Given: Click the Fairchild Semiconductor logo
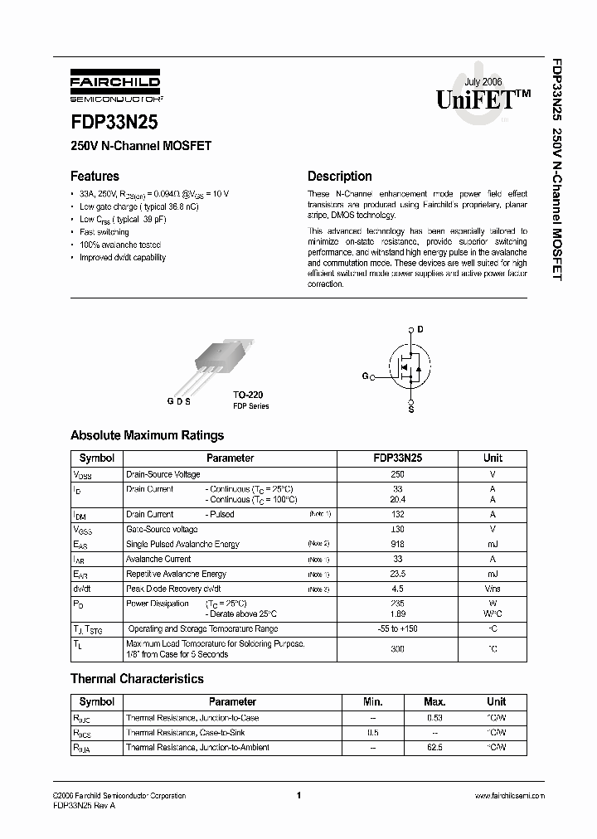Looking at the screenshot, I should coord(115,90).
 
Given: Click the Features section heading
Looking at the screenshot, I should coord(95,176).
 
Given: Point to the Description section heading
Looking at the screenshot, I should coord(339,176).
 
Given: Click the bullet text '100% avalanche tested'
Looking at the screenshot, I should coord(120,245).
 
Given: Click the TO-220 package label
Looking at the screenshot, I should coord(249,396).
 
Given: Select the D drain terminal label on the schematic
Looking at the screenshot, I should coord(420,329).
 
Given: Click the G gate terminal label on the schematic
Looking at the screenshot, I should coord(364,376).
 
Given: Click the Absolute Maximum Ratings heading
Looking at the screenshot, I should coord(147,435).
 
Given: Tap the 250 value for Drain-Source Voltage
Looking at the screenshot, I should coord(397,474).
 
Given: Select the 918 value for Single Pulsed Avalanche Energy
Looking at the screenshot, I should coord(397,544).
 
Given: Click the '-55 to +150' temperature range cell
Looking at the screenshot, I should coord(397,628).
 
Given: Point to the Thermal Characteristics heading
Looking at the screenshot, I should coord(137,678).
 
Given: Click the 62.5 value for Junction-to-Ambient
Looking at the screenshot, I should coord(434,747).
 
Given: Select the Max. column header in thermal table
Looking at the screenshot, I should coord(434,701).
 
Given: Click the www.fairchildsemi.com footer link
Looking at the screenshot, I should coord(509,796).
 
